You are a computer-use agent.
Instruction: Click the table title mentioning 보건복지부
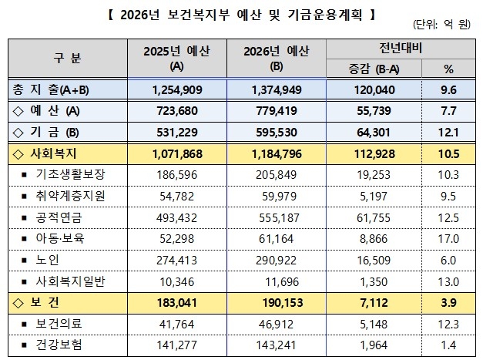tap(242, 14)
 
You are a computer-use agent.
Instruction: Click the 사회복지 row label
tap(50, 154)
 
